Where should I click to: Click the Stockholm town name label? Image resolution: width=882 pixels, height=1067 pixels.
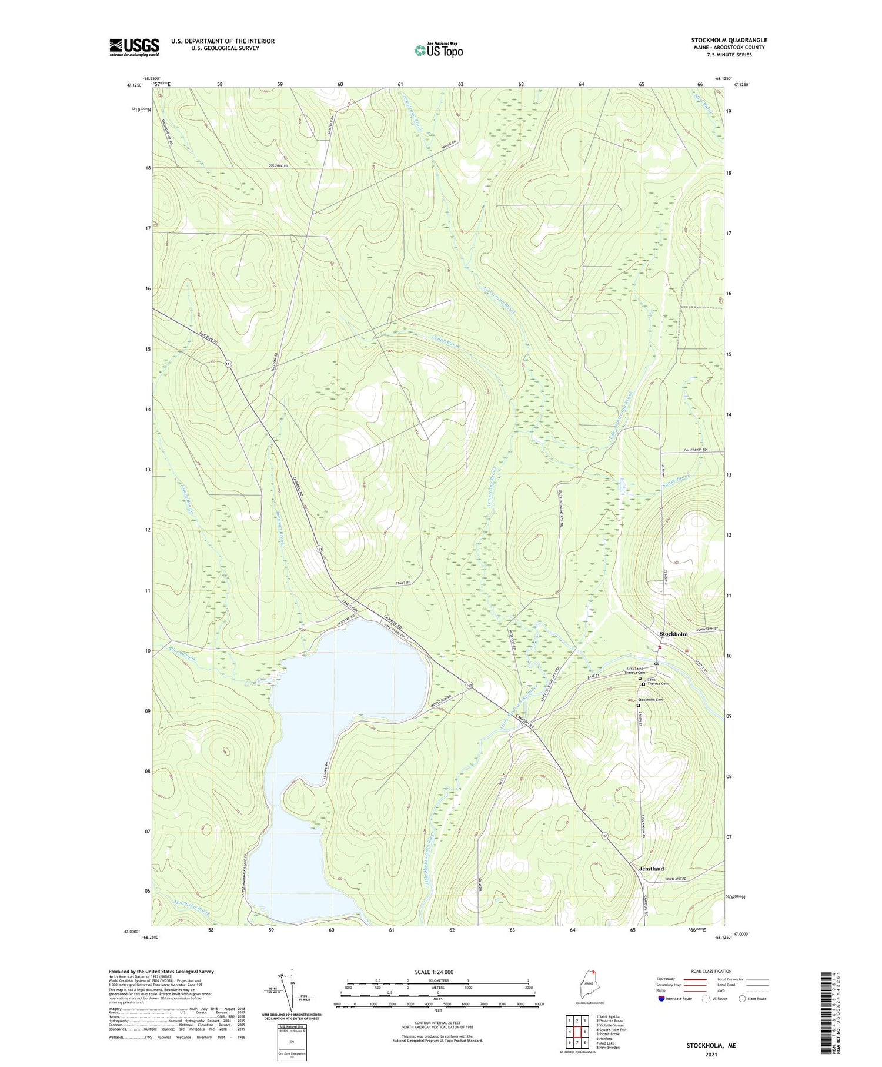click(673, 634)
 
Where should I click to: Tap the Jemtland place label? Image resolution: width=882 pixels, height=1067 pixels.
click(651, 869)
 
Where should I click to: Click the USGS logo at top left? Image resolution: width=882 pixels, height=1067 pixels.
click(134, 47)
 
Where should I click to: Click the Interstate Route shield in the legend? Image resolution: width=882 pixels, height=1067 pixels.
click(661, 999)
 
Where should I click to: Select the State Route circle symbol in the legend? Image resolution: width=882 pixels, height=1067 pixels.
click(743, 999)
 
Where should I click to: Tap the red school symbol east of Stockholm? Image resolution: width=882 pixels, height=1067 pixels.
click(687, 650)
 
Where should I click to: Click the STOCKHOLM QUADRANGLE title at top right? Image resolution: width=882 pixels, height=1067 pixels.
click(729, 40)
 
